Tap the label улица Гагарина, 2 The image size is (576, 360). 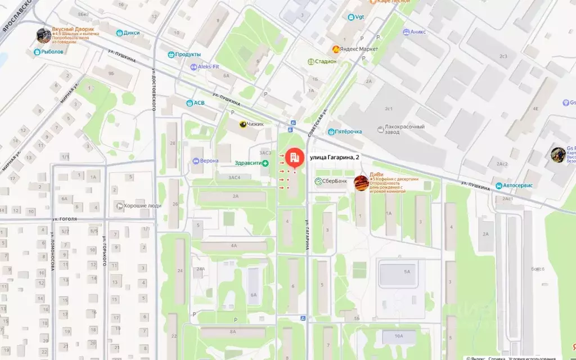pyautogui.click(x=334, y=157)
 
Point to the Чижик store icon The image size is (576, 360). pyautogui.click(x=243, y=124)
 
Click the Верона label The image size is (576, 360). pyautogui.click(x=209, y=161)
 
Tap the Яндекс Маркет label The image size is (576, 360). pyautogui.click(x=360, y=49)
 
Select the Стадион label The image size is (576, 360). pyautogui.click(x=326, y=61)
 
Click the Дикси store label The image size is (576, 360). pyautogui.click(x=131, y=33)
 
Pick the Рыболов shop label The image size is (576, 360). pyautogui.click(x=52, y=52)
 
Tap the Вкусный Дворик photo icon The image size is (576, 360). pyautogui.click(x=43, y=35)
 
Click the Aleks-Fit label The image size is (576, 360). pyautogui.click(x=208, y=66)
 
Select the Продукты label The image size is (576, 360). pyautogui.click(x=188, y=55)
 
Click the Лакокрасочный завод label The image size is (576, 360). pyautogui.click(x=404, y=130)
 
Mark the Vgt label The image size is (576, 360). pyautogui.click(x=359, y=17)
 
